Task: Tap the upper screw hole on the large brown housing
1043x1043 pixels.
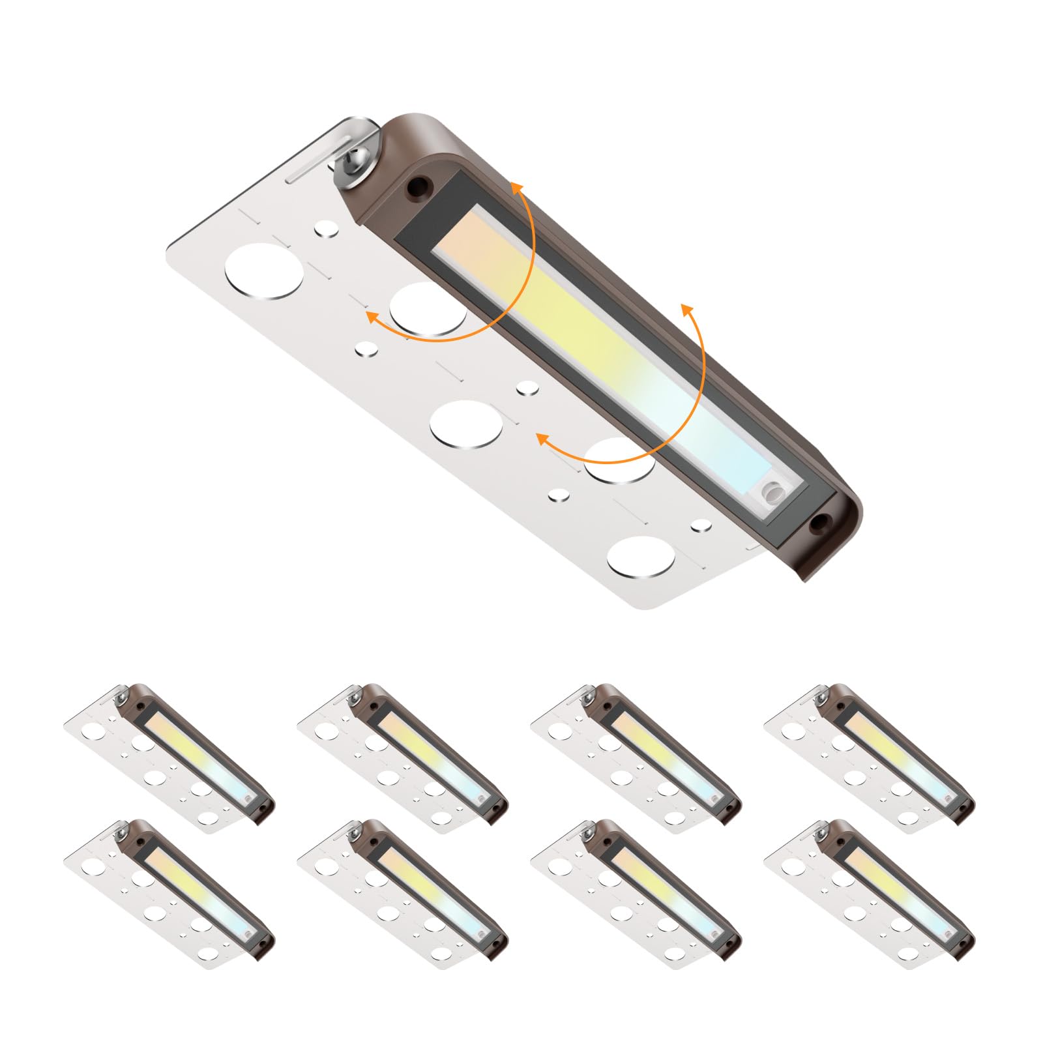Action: tap(415, 189)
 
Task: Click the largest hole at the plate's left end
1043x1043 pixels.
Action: tap(264, 271)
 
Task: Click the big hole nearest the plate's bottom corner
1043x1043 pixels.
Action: tap(641, 557)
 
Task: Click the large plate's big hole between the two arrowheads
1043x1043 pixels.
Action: tap(466, 424)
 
